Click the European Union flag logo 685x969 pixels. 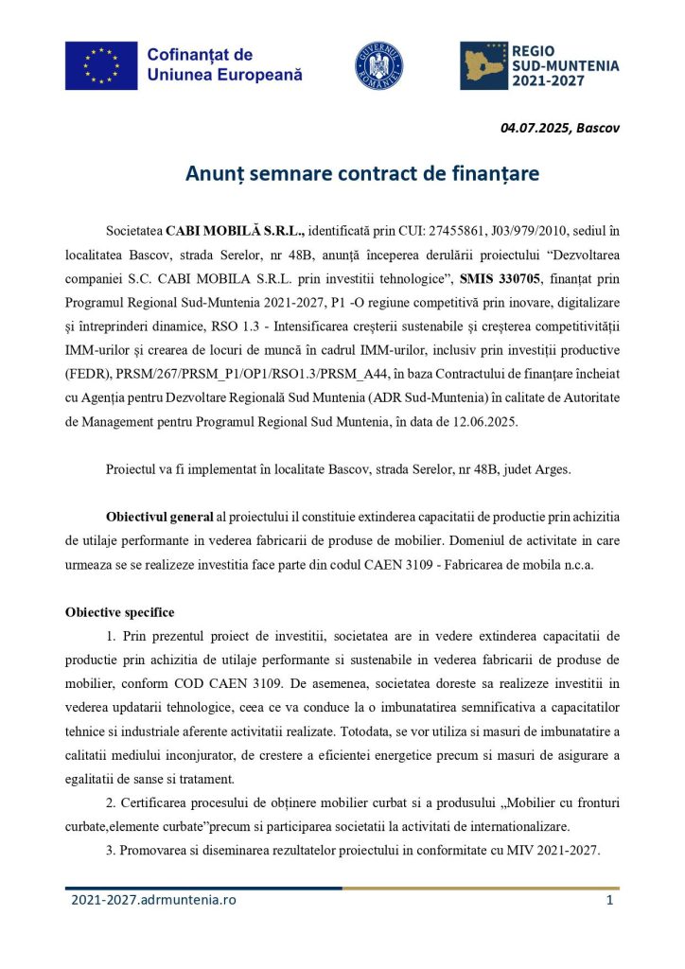(101, 64)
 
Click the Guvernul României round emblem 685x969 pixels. (378, 65)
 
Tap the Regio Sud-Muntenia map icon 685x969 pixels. (483, 65)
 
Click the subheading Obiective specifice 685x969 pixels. (119, 611)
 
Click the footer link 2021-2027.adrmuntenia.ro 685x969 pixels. (153, 900)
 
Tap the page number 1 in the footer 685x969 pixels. (610, 900)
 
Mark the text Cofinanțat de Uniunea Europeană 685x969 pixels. (224, 64)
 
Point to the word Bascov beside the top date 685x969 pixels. (598, 128)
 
